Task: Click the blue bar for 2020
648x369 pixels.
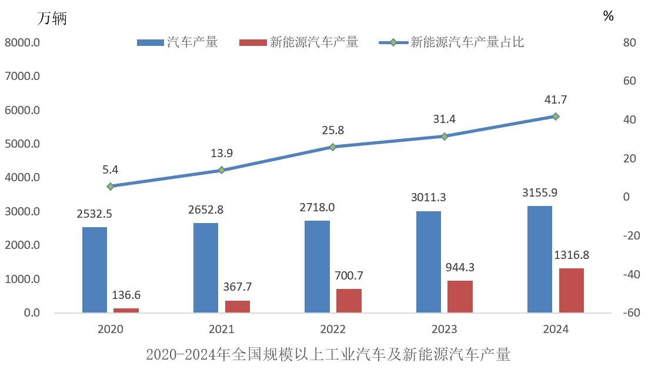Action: (95, 270)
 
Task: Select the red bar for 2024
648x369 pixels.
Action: (571, 290)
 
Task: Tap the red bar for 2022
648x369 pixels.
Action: (349, 300)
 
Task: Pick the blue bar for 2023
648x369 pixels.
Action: (429, 261)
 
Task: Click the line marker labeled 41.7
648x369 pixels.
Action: (555, 117)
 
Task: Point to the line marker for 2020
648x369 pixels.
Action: (111, 186)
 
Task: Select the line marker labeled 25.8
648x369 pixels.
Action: (333, 147)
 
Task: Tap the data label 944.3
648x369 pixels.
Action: (460, 267)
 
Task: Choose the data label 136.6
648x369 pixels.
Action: (126, 295)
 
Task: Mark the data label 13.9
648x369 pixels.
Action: (222, 154)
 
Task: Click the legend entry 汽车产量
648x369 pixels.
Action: (178, 42)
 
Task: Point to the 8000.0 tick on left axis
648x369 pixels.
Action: (22, 42)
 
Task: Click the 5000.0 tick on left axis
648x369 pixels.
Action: (22, 144)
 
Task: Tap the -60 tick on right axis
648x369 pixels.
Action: (627, 313)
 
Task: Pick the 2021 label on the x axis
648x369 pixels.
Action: (222, 329)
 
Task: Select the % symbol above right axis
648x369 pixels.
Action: (608, 16)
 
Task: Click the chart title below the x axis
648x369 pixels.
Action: (328, 355)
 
